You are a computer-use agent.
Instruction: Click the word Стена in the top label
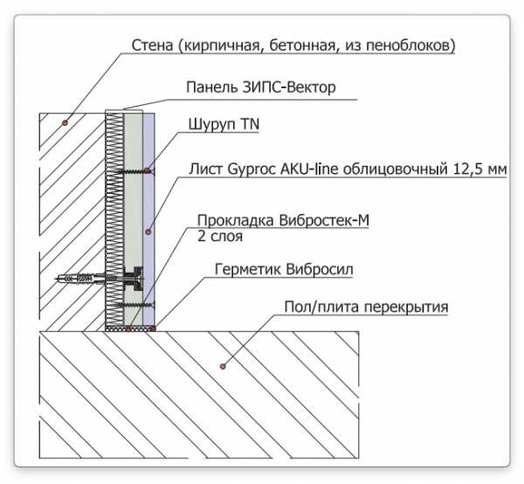point(152,45)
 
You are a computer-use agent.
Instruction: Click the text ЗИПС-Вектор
point(289,87)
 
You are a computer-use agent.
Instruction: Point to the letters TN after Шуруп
point(251,124)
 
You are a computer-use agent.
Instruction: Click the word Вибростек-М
point(324,220)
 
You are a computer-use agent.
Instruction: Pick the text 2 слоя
point(220,236)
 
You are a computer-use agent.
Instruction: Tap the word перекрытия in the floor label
point(406,308)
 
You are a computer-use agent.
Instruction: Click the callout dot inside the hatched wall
point(65,122)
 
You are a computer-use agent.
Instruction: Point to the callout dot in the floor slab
point(223,366)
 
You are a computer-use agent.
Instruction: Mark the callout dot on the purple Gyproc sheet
point(148,232)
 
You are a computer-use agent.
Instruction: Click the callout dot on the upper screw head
point(147,171)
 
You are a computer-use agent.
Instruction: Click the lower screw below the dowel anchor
point(136,305)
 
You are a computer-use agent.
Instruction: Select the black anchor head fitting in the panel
point(134,279)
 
